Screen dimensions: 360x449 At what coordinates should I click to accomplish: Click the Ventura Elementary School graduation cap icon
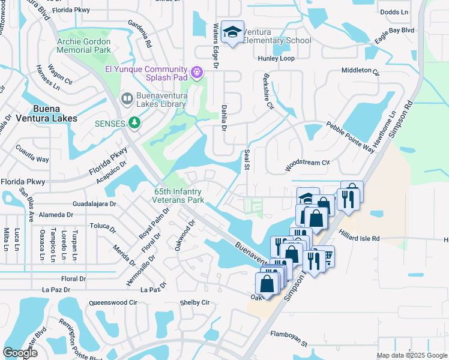[x=231, y=32]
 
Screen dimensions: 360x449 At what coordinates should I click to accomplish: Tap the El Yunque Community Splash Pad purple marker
[x=196, y=73]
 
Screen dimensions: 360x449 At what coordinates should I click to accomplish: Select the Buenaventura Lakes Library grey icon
[x=127, y=98]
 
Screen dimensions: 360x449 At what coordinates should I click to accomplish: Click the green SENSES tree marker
[x=135, y=123]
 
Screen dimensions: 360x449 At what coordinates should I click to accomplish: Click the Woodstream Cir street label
[x=308, y=163]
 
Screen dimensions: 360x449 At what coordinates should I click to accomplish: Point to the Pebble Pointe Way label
[x=350, y=138]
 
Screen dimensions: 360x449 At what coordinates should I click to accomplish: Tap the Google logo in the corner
[x=20, y=353]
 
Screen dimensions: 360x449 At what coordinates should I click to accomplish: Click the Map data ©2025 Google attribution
[x=411, y=355]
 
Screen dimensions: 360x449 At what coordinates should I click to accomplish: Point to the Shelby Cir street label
[x=194, y=303]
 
